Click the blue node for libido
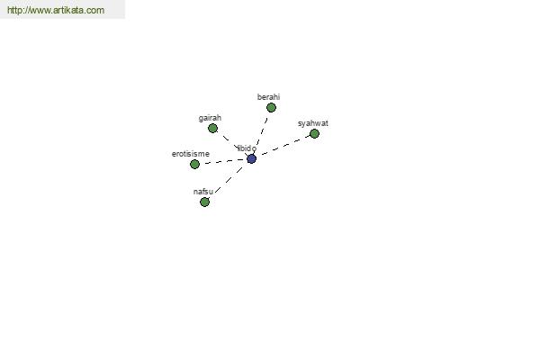(x=251, y=158)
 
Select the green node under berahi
(x=271, y=108)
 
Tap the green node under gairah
(x=212, y=129)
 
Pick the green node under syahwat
(x=314, y=134)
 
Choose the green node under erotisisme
(x=194, y=165)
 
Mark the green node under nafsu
(x=204, y=202)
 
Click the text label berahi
(x=268, y=97)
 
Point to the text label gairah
(x=210, y=118)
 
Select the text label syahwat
(x=312, y=123)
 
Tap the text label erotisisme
(x=191, y=154)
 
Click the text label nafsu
(x=203, y=192)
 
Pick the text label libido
(x=247, y=148)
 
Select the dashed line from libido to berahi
(x=261, y=133)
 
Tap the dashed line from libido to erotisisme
(x=223, y=162)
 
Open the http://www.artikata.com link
(x=56, y=10)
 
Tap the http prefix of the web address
(x=14, y=10)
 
